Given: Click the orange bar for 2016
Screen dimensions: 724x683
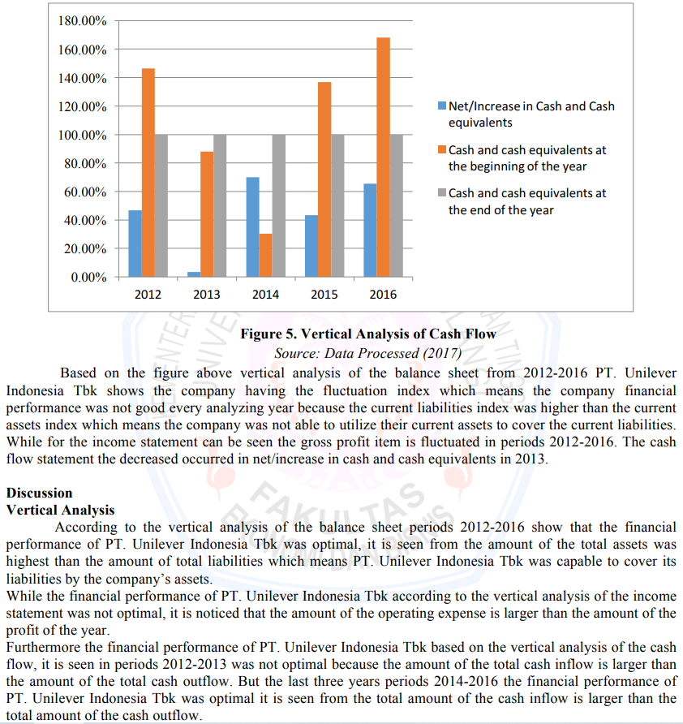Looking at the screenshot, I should (384, 157).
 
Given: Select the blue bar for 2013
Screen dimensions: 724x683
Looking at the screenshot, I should (193, 274).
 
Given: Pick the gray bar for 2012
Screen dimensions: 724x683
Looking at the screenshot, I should (161, 205).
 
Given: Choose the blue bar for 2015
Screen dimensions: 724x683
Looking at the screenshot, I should (311, 246).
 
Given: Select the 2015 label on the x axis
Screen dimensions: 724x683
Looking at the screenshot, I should (324, 294).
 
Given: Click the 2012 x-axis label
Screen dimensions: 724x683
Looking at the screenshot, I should (148, 294).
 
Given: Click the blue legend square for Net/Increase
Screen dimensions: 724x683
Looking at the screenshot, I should (442, 106).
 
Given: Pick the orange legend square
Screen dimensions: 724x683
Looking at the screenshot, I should (442, 150).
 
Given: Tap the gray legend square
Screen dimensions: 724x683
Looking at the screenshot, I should (442, 193).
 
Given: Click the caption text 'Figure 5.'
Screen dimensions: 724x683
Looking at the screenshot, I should (268, 334).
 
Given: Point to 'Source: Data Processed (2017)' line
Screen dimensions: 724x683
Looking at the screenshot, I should (367, 353).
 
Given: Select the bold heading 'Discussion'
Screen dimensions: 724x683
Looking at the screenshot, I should (39, 493).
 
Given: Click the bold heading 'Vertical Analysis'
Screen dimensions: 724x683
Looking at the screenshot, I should (60, 510).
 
